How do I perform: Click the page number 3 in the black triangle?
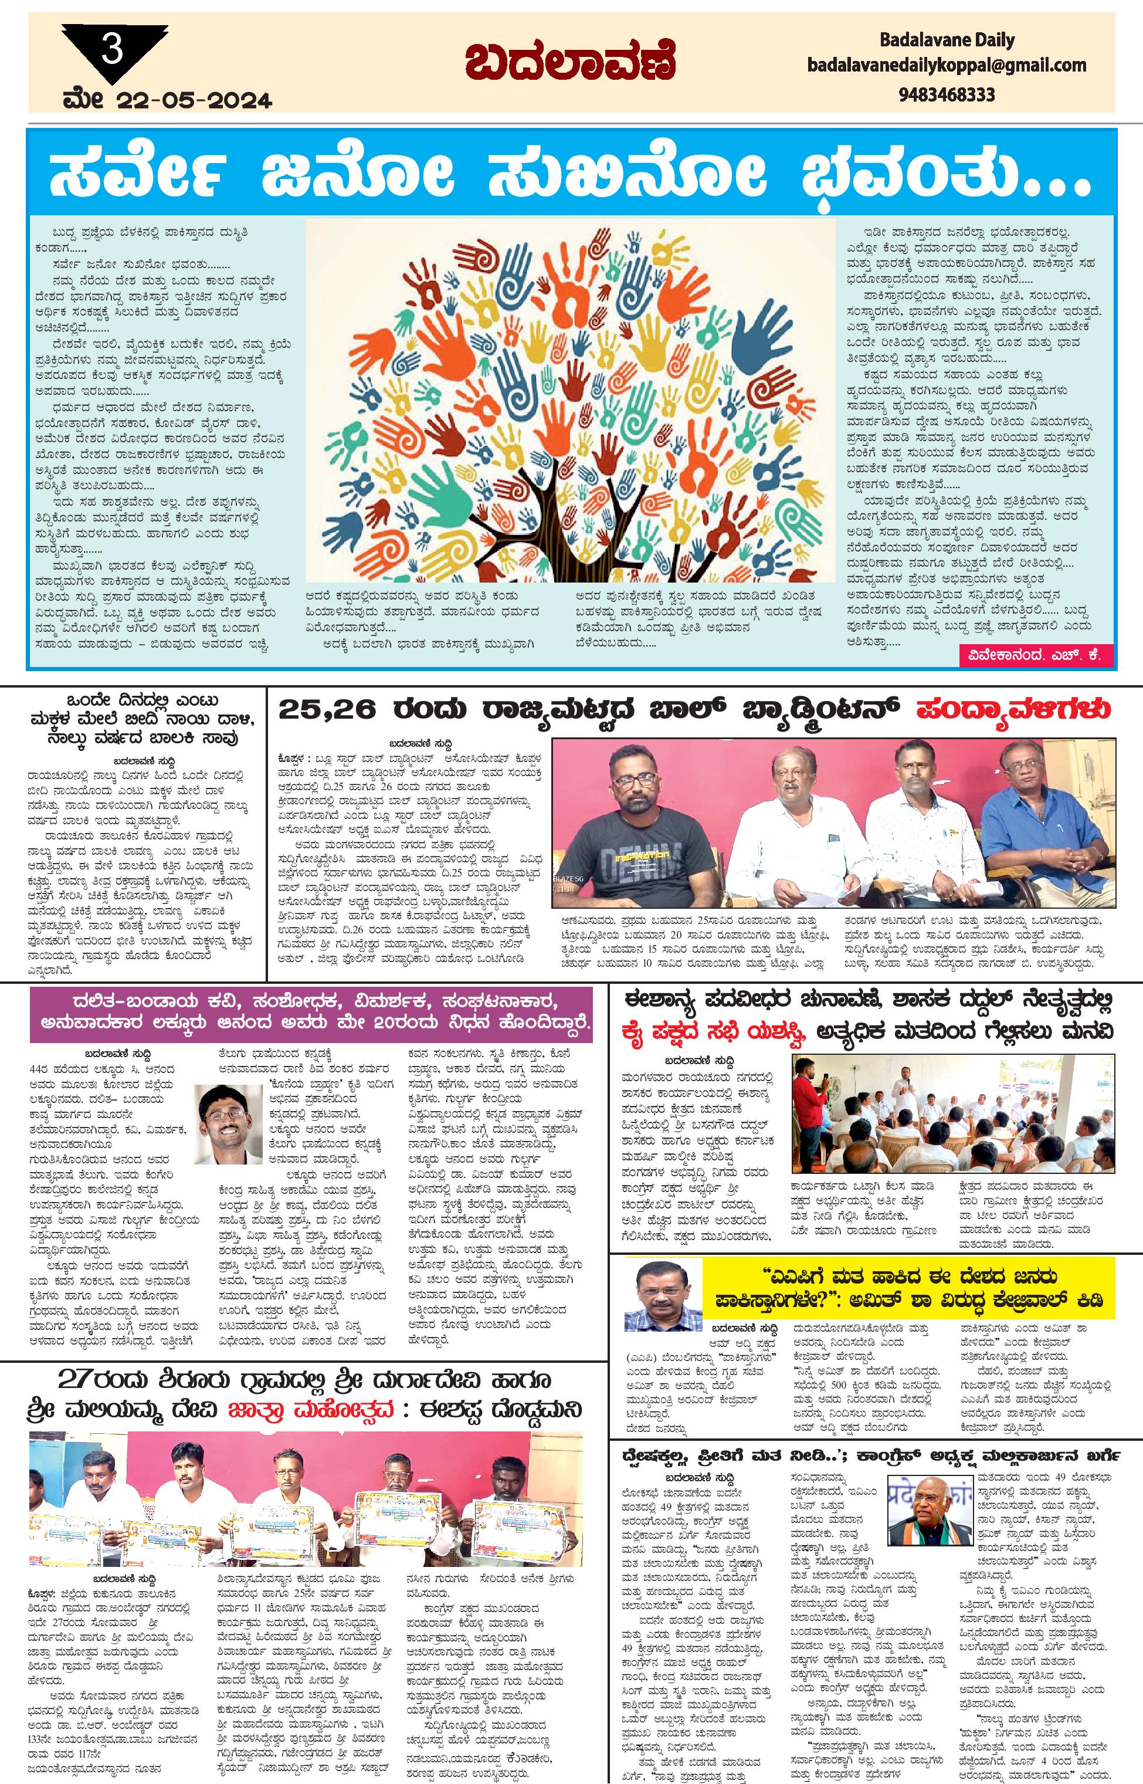coord(113,53)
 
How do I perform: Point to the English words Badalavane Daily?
coord(947,39)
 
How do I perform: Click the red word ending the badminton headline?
coord(1013,710)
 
